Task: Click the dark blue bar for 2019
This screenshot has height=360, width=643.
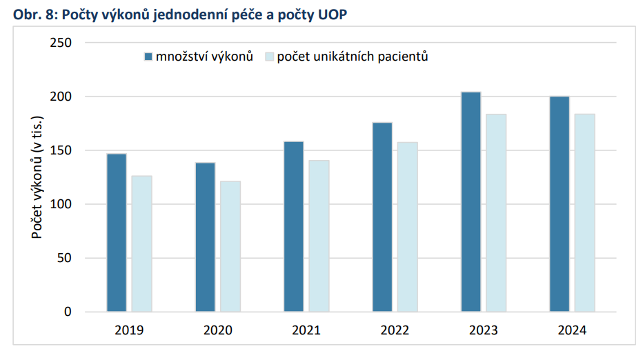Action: (x=117, y=232)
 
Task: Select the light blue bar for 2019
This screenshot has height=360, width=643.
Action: (x=141, y=243)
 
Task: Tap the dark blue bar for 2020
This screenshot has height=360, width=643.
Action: (x=206, y=237)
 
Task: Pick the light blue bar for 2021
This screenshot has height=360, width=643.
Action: (x=319, y=236)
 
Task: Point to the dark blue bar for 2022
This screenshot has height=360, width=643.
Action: (x=382, y=217)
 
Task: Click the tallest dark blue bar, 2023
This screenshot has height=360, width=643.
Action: (x=471, y=201)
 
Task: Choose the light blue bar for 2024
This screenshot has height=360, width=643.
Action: (x=584, y=212)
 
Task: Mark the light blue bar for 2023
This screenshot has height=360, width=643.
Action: (x=496, y=212)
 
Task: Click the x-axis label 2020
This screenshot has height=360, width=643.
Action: (x=218, y=331)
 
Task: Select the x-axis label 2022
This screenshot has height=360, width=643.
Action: (x=395, y=331)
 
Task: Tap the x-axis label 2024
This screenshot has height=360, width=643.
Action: (x=572, y=331)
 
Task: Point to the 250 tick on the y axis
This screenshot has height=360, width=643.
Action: (x=62, y=43)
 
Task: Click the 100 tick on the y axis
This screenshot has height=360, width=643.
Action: (x=62, y=204)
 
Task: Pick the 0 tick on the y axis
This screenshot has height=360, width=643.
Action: (x=68, y=312)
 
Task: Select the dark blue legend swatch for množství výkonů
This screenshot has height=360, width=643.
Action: (x=148, y=57)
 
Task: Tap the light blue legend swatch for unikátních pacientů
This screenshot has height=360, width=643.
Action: (x=270, y=57)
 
